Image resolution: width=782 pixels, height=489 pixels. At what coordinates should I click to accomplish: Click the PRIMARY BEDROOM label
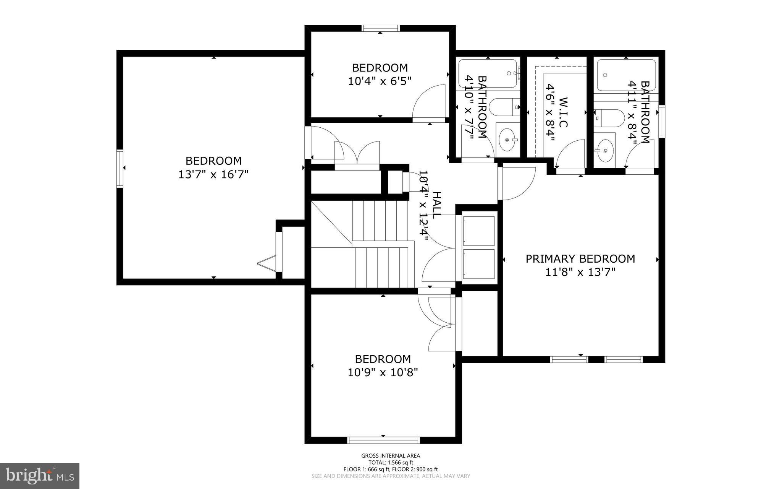pos(580,259)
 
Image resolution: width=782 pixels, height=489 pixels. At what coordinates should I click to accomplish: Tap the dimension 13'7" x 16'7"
pos(213,175)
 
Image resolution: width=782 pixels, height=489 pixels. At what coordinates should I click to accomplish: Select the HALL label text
pos(436,205)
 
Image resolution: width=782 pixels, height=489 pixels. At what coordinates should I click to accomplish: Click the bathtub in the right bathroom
pos(626,75)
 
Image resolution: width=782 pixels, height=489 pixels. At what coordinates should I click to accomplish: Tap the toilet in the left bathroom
pos(504,107)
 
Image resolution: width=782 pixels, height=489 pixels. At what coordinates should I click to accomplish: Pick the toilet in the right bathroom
pos(609,118)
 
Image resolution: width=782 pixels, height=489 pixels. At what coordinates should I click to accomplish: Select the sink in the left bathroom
pos(508,140)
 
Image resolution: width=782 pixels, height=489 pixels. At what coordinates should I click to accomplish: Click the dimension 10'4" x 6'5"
pos(380,81)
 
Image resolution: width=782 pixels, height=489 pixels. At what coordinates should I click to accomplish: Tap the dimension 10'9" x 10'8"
pos(383,372)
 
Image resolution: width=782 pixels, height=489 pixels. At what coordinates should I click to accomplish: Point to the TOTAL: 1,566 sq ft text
pos(391,462)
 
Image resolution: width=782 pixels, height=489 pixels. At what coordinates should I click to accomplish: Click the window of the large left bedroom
pos(120,168)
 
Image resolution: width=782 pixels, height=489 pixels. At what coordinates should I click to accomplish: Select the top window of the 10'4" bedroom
pos(381,28)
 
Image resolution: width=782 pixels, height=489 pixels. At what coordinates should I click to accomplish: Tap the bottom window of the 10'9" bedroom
pos(383,440)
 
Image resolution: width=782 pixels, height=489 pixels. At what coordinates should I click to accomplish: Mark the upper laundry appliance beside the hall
pos(478,230)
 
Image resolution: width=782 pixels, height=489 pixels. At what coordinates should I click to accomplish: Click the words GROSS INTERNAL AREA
pos(391,455)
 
